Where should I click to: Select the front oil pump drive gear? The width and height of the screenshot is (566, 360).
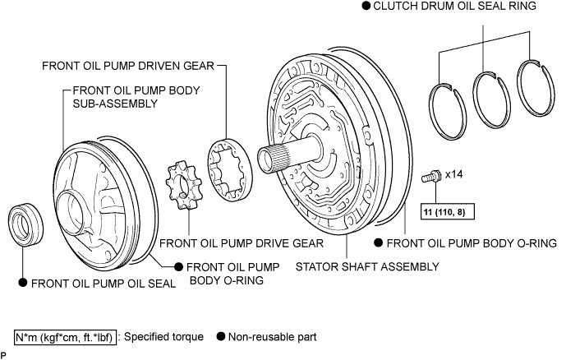point(182,187)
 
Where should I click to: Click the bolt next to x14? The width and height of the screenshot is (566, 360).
point(430,177)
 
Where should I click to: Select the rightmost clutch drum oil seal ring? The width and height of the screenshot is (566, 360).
point(536,88)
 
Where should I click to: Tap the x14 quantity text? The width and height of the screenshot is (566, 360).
point(453,174)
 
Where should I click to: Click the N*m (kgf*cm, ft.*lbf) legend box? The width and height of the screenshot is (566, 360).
point(66,337)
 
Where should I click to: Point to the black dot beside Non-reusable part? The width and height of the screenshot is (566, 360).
point(221,336)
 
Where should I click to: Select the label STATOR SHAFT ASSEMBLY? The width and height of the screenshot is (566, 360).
point(367,267)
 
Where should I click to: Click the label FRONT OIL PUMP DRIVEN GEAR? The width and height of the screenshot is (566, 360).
point(128,66)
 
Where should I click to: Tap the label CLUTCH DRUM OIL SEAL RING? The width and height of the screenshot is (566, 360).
point(455,6)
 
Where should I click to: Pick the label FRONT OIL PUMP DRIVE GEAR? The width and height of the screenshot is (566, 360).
point(242,243)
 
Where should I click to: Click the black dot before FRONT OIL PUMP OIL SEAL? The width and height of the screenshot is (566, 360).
point(23,283)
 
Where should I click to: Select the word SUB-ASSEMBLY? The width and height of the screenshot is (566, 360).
point(116,104)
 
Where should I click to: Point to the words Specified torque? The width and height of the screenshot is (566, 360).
point(163,336)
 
